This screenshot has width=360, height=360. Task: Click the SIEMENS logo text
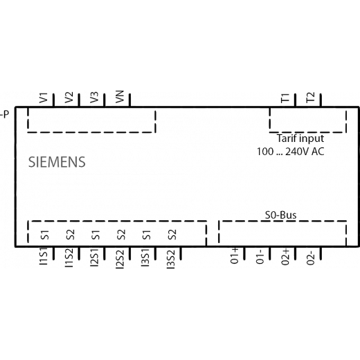(x=57, y=162)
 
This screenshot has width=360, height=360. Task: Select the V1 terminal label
(x=44, y=98)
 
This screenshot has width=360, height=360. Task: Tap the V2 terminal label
(x=69, y=98)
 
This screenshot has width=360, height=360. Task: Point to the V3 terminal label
(x=94, y=98)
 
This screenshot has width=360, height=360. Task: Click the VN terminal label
(x=120, y=97)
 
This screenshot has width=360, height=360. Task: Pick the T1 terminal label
(x=285, y=98)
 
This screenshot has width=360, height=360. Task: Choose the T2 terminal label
(x=311, y=98)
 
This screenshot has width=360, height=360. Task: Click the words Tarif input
(x=300, y=138)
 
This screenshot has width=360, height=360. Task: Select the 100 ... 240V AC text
(x=291, y=152)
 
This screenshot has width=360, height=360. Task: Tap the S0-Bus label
(x=280, y=215)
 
